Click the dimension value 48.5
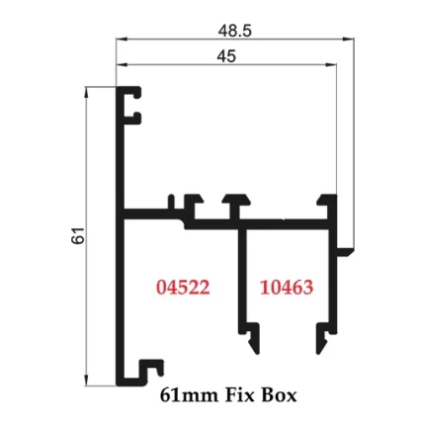tap(234, 30)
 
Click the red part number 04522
tap(184, 288)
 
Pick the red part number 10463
tap(287, 288)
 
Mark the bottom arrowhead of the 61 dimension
tap(87, 381)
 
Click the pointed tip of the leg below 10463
tap(319, 349)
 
